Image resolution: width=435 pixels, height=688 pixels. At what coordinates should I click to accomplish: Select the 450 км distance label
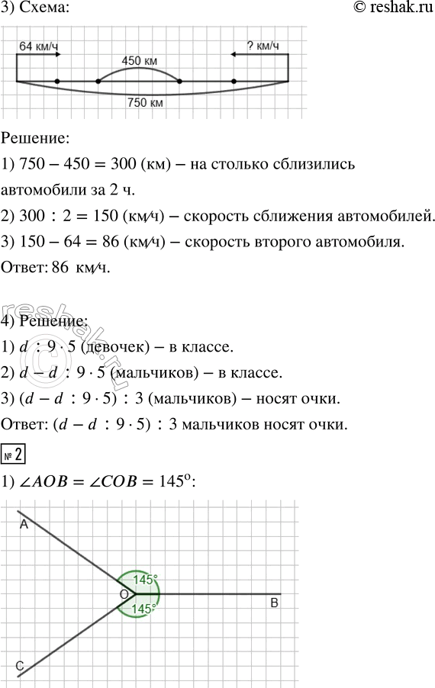140,60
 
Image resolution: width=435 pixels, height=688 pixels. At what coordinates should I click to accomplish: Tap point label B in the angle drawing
273,604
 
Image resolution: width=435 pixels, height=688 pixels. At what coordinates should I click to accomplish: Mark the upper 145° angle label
145,580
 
